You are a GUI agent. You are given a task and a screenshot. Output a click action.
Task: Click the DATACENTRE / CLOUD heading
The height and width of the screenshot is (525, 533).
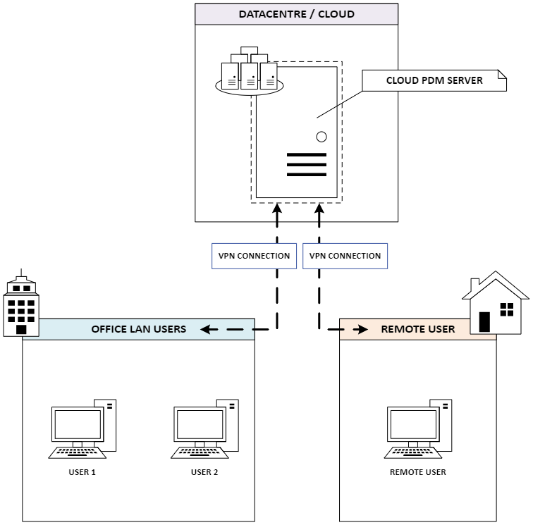coord(296,14)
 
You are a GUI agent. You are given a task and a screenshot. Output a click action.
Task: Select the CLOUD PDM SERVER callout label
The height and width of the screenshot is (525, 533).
coord(434,80)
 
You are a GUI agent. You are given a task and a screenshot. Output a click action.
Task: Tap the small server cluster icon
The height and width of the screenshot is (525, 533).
coord(249,73)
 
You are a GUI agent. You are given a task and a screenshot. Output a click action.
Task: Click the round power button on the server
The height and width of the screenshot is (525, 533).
coord(321,137)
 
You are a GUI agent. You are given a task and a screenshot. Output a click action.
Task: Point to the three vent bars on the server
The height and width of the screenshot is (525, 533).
coord(307,164)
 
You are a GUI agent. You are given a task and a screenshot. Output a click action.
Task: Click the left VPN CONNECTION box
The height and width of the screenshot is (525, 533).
coord(254,256)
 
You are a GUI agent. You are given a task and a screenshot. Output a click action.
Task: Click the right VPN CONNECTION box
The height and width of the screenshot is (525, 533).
coord(345,256)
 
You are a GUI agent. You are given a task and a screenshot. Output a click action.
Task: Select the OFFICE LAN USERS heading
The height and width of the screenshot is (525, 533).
coord(138,329)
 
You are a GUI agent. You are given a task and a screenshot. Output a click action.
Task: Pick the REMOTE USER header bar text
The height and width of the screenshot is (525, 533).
coord(418,329)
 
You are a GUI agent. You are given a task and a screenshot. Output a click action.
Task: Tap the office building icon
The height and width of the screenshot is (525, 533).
coord(22,307)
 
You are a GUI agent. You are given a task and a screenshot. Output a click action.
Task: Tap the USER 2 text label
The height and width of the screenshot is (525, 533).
coord(204,472)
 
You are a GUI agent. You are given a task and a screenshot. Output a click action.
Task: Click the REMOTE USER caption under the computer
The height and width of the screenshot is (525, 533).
coord(418,472)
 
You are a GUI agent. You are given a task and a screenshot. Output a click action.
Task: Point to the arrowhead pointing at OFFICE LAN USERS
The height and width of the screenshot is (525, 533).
coord(205,329)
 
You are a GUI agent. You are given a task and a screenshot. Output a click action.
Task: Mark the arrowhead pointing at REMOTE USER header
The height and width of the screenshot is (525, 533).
coord(363,329)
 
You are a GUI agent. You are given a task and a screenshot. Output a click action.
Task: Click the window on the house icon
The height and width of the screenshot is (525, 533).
coord(506,309)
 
